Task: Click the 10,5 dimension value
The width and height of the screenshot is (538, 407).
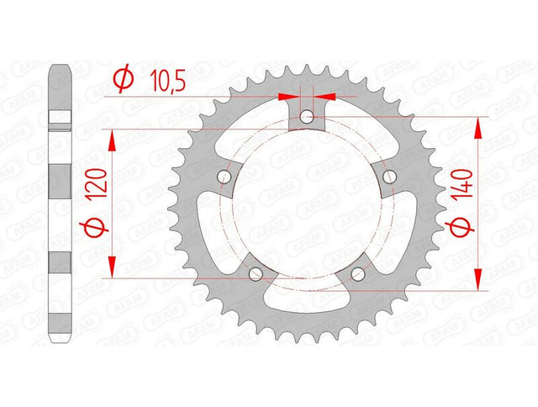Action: [x=168, y=81]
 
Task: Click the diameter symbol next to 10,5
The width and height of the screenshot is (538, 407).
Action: [x=124, y=78]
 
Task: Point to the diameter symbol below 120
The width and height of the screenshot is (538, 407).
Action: [x=93, y=229]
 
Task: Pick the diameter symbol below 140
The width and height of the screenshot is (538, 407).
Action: [x=460, y=229]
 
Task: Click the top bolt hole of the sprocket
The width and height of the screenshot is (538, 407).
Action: [x=306, y=117]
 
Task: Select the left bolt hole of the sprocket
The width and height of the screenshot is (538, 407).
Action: [x=224, y=177]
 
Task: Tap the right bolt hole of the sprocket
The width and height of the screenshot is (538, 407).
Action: [x=389, y=177]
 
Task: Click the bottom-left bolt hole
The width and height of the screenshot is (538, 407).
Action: [x=256, y=274]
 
